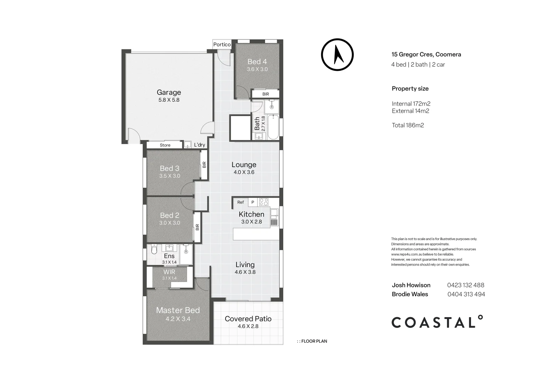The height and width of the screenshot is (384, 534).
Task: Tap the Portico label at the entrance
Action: [222, 44]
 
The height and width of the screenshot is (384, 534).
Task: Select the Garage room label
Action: [169, 92]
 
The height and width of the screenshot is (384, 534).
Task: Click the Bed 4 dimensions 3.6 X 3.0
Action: [257, 69]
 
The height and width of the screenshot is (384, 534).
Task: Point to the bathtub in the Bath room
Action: [274, 127]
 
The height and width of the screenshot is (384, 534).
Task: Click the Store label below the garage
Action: [165, 145]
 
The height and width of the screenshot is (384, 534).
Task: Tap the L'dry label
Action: [199, 145]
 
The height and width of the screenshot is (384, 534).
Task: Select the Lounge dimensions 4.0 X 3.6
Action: [244, 172]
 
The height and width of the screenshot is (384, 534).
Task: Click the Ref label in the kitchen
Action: [240, 202]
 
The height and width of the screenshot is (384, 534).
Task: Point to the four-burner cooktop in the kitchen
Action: [264, 202]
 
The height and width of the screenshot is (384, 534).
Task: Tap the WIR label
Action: [169, 272]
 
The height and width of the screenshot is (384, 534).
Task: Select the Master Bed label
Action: [178, 310]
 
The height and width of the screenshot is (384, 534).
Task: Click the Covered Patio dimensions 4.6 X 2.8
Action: [248, 326]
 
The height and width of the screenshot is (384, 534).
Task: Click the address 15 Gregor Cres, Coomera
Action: [426, 54]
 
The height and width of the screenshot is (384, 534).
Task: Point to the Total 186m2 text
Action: [408, 125]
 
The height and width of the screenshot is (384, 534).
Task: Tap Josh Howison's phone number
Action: [465, 285]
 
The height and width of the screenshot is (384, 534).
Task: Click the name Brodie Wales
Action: [410, 294]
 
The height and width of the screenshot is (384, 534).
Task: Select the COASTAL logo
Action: [437, 322]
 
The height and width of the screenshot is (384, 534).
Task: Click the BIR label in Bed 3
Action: [204, 165]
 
